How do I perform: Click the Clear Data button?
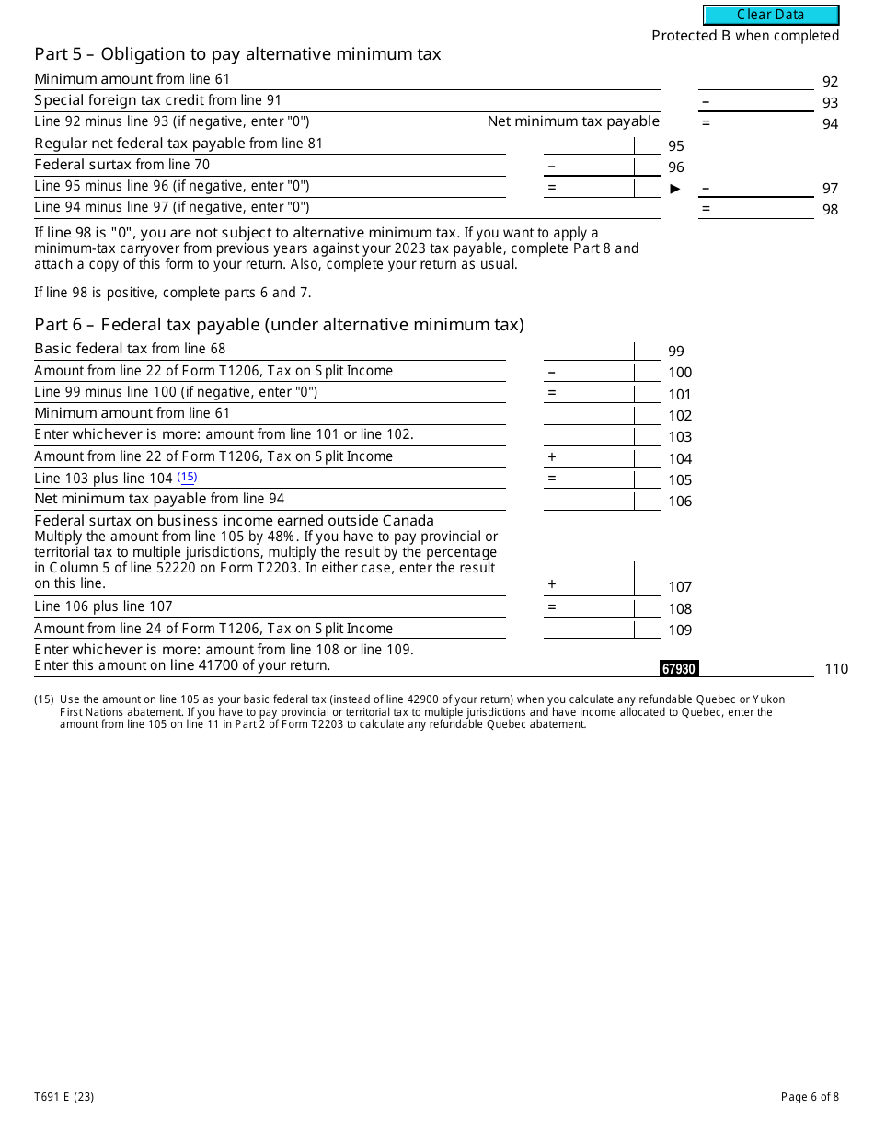pyautogui.click(x=771, y=15)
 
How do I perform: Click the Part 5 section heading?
pyautogui.click(x=237, y=54)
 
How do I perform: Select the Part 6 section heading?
pyautogui.click(x=279, y=325)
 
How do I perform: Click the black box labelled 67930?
pyautogui.click(x=679, y=669)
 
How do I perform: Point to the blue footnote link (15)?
pyautogui.click(x=187, y=478)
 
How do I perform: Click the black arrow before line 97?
pyautogui.click(x=675, y=189)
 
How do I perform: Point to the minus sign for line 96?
pyautogui.click(x=551, y=166)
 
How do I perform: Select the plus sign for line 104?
pyautogui.click(x=551, y=457)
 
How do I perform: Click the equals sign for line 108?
pyautogui.click(x=551, y=607)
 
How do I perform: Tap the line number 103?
pyautogui.click(x=680, y=437)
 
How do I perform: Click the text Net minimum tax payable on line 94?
pyautogui.click(x=573, y=121)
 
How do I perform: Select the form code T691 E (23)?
pyautogui.click(x=64, y=1096)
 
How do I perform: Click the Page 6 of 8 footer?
pyautogui.click(x=810, y=1096)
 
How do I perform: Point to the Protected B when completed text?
pyautogui.click(x=745, y=36)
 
